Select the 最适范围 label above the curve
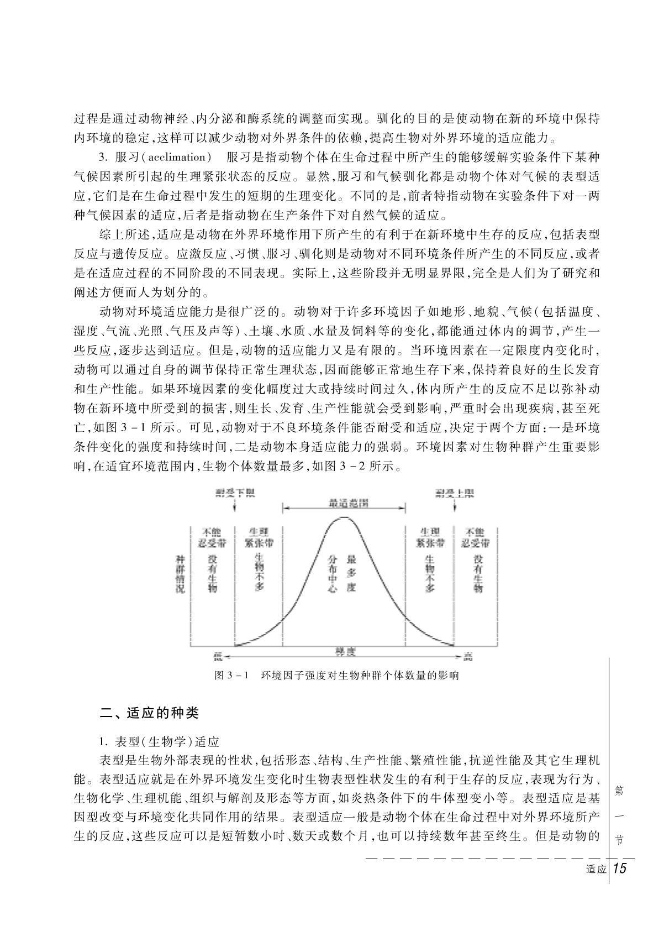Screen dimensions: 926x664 (x=345, y=503)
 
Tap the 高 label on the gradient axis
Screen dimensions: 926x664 (x=468, y=656)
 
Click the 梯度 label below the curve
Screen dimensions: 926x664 (x=345, y=651)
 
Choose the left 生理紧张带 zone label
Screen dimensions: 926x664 (x=259, y=537)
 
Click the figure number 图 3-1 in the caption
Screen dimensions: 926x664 (x=232, y=676)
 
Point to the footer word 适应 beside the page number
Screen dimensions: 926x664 (x=596, y=870)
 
